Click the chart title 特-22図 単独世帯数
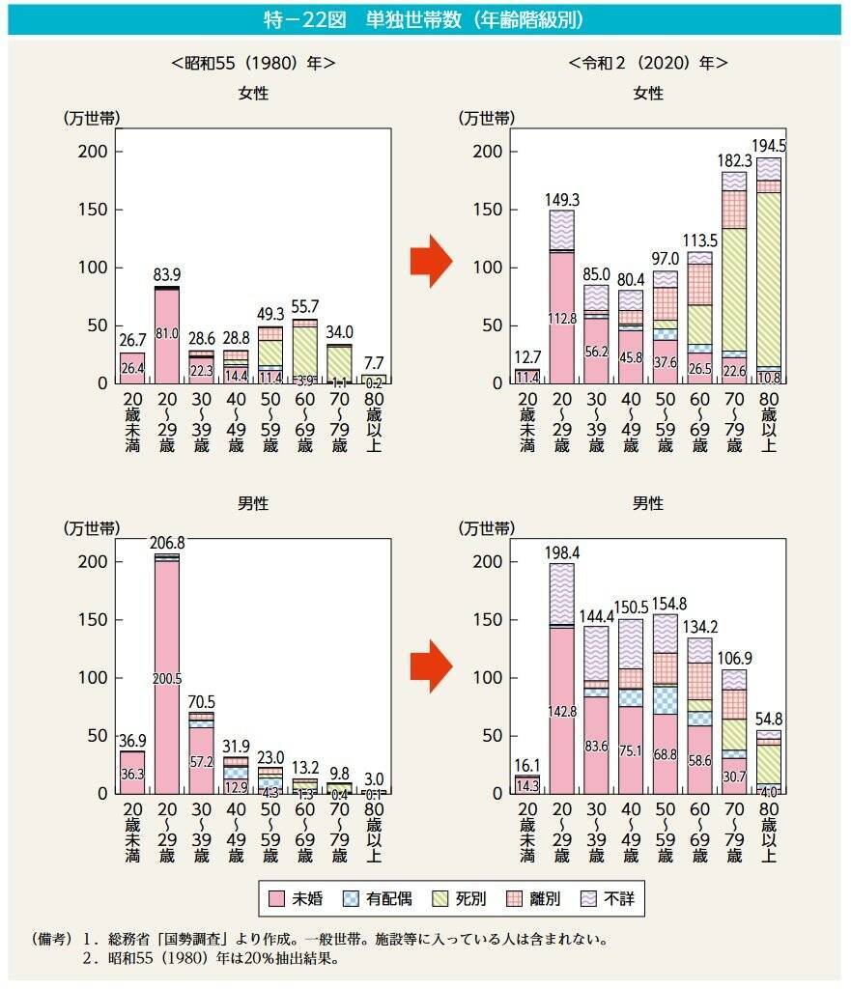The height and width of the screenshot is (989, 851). (425, 19)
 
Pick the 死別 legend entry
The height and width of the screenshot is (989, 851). (462, 899)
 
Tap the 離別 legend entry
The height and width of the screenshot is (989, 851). (536, 899)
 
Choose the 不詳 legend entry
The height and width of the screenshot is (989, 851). (610, 899)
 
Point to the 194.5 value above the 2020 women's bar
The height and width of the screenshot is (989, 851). (769, 146)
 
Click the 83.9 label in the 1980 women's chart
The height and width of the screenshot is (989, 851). (167, 275)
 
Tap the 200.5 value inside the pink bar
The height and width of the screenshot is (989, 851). (167, 679)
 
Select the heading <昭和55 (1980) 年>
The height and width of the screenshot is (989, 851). (253, 64)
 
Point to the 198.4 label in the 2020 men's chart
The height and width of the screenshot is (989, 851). (562, 553)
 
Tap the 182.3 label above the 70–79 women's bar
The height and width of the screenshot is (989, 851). (735, 160)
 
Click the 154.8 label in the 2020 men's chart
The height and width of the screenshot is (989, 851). (666, 605)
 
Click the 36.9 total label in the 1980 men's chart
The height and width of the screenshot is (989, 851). (132, 740)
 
